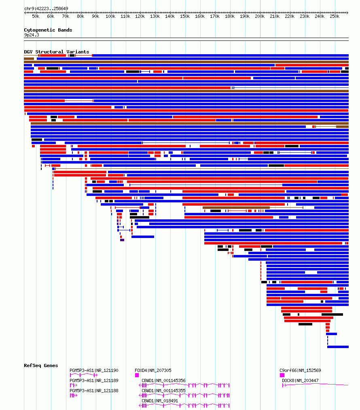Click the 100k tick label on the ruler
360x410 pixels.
110,17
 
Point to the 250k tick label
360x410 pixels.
335,17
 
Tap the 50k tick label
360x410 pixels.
36,17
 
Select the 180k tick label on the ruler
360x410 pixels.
230,17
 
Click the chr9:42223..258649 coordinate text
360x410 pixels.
46,8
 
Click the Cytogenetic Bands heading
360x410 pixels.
48,30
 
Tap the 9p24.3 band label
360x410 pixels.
32,35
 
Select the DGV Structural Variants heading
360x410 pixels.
57,52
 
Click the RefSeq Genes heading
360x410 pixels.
41,365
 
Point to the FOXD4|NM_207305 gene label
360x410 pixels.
153,370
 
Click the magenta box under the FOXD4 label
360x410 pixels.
137,375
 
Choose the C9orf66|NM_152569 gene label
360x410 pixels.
300,370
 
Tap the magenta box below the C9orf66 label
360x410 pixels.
282,375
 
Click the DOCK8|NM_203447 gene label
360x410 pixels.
300,381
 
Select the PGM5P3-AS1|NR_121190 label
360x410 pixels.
94,370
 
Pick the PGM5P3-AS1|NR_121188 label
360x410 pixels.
94,391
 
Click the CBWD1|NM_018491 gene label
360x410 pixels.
160,401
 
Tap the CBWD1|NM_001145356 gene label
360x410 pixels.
163,381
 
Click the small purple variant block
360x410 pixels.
122,240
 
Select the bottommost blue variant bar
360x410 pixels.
338,347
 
